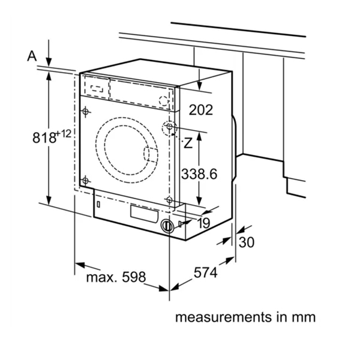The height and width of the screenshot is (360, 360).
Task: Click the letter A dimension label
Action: [32, 56]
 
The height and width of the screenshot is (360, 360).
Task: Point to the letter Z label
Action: [188, 143]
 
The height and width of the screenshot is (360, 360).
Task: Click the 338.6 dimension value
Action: [199, 173]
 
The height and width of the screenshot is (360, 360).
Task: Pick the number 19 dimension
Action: [202, 223]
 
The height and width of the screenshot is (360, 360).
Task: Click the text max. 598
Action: [116, 277]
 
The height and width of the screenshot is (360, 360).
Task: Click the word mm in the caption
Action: [304, 317]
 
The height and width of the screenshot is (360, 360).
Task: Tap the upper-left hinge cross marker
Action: [86, 112]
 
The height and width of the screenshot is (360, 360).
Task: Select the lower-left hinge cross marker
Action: [86, 179]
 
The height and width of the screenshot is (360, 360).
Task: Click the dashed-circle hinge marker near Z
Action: [169, 128]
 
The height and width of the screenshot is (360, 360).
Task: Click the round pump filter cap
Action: [169, 227]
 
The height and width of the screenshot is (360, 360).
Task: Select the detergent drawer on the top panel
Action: [96, 85]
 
